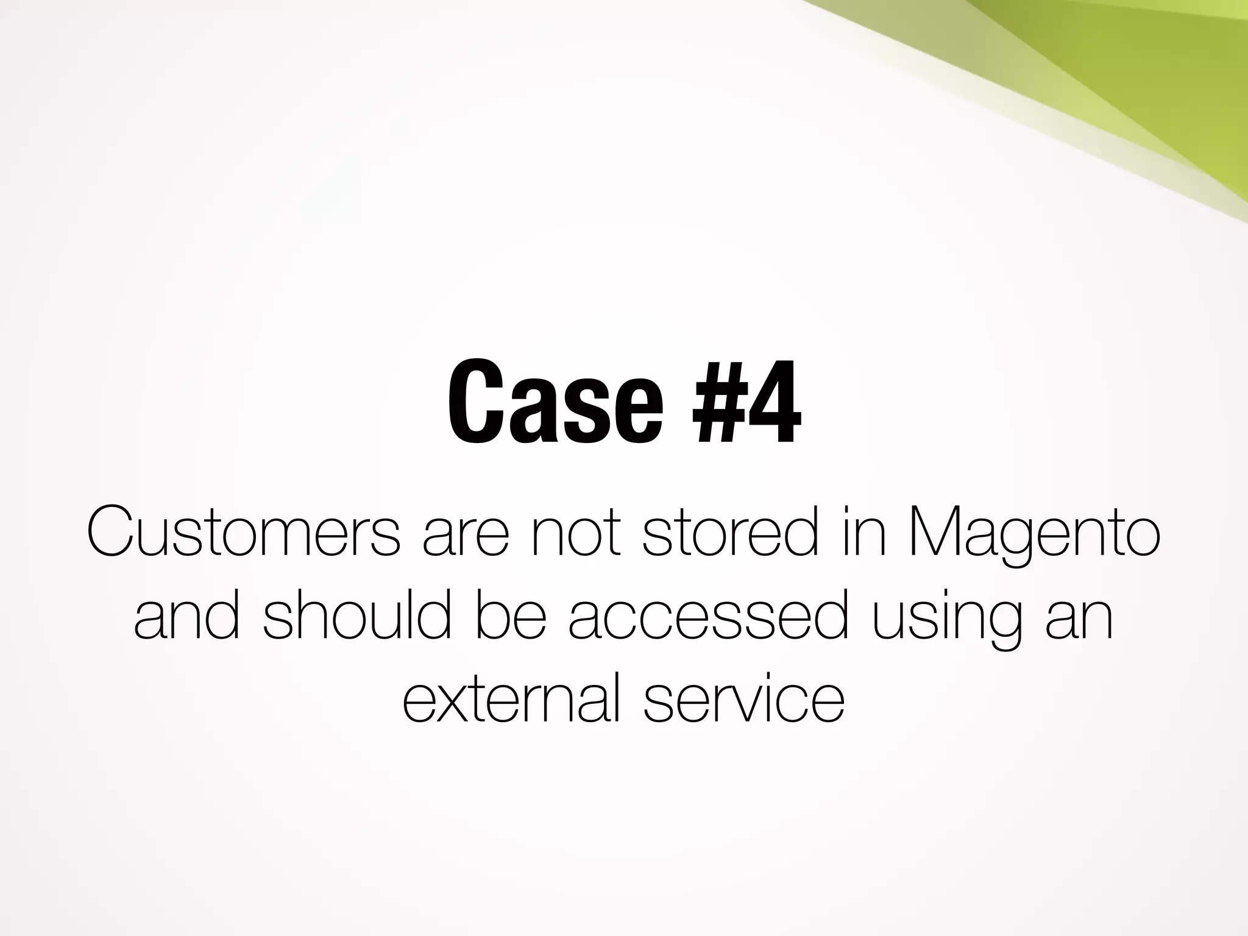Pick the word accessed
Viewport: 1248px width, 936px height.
point(707,619)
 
